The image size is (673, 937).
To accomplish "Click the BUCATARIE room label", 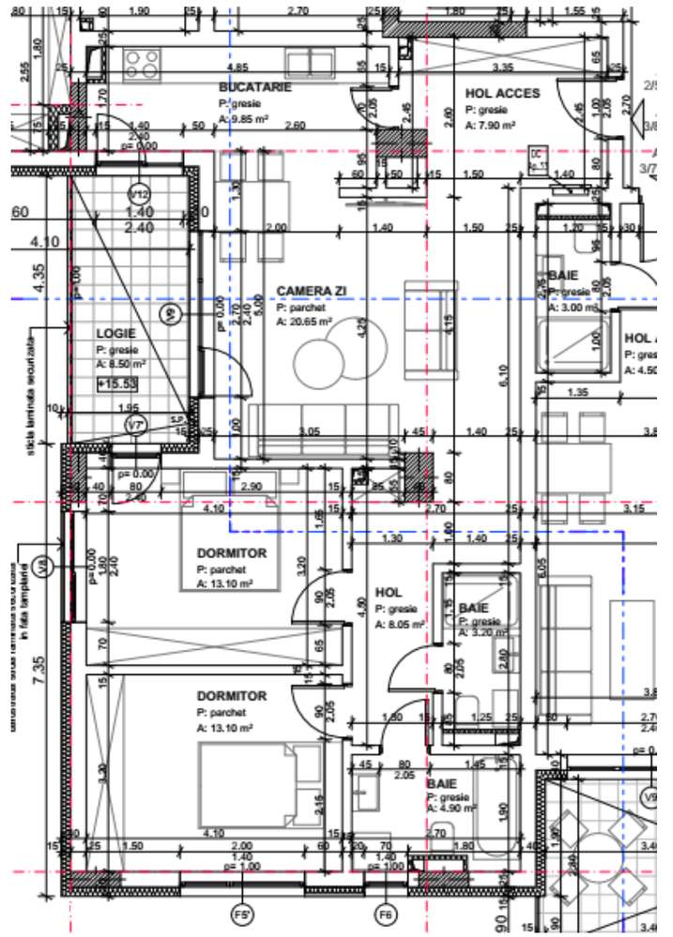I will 254,87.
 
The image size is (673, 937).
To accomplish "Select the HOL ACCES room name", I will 502,93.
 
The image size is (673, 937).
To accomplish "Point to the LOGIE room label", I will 116,334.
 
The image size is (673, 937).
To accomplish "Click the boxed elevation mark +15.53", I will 117,383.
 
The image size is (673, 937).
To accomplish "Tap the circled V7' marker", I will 137,426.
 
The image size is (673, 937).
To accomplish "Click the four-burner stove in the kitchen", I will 142,63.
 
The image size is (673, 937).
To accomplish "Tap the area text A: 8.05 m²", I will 401,623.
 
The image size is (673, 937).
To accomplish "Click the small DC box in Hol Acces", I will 537,157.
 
